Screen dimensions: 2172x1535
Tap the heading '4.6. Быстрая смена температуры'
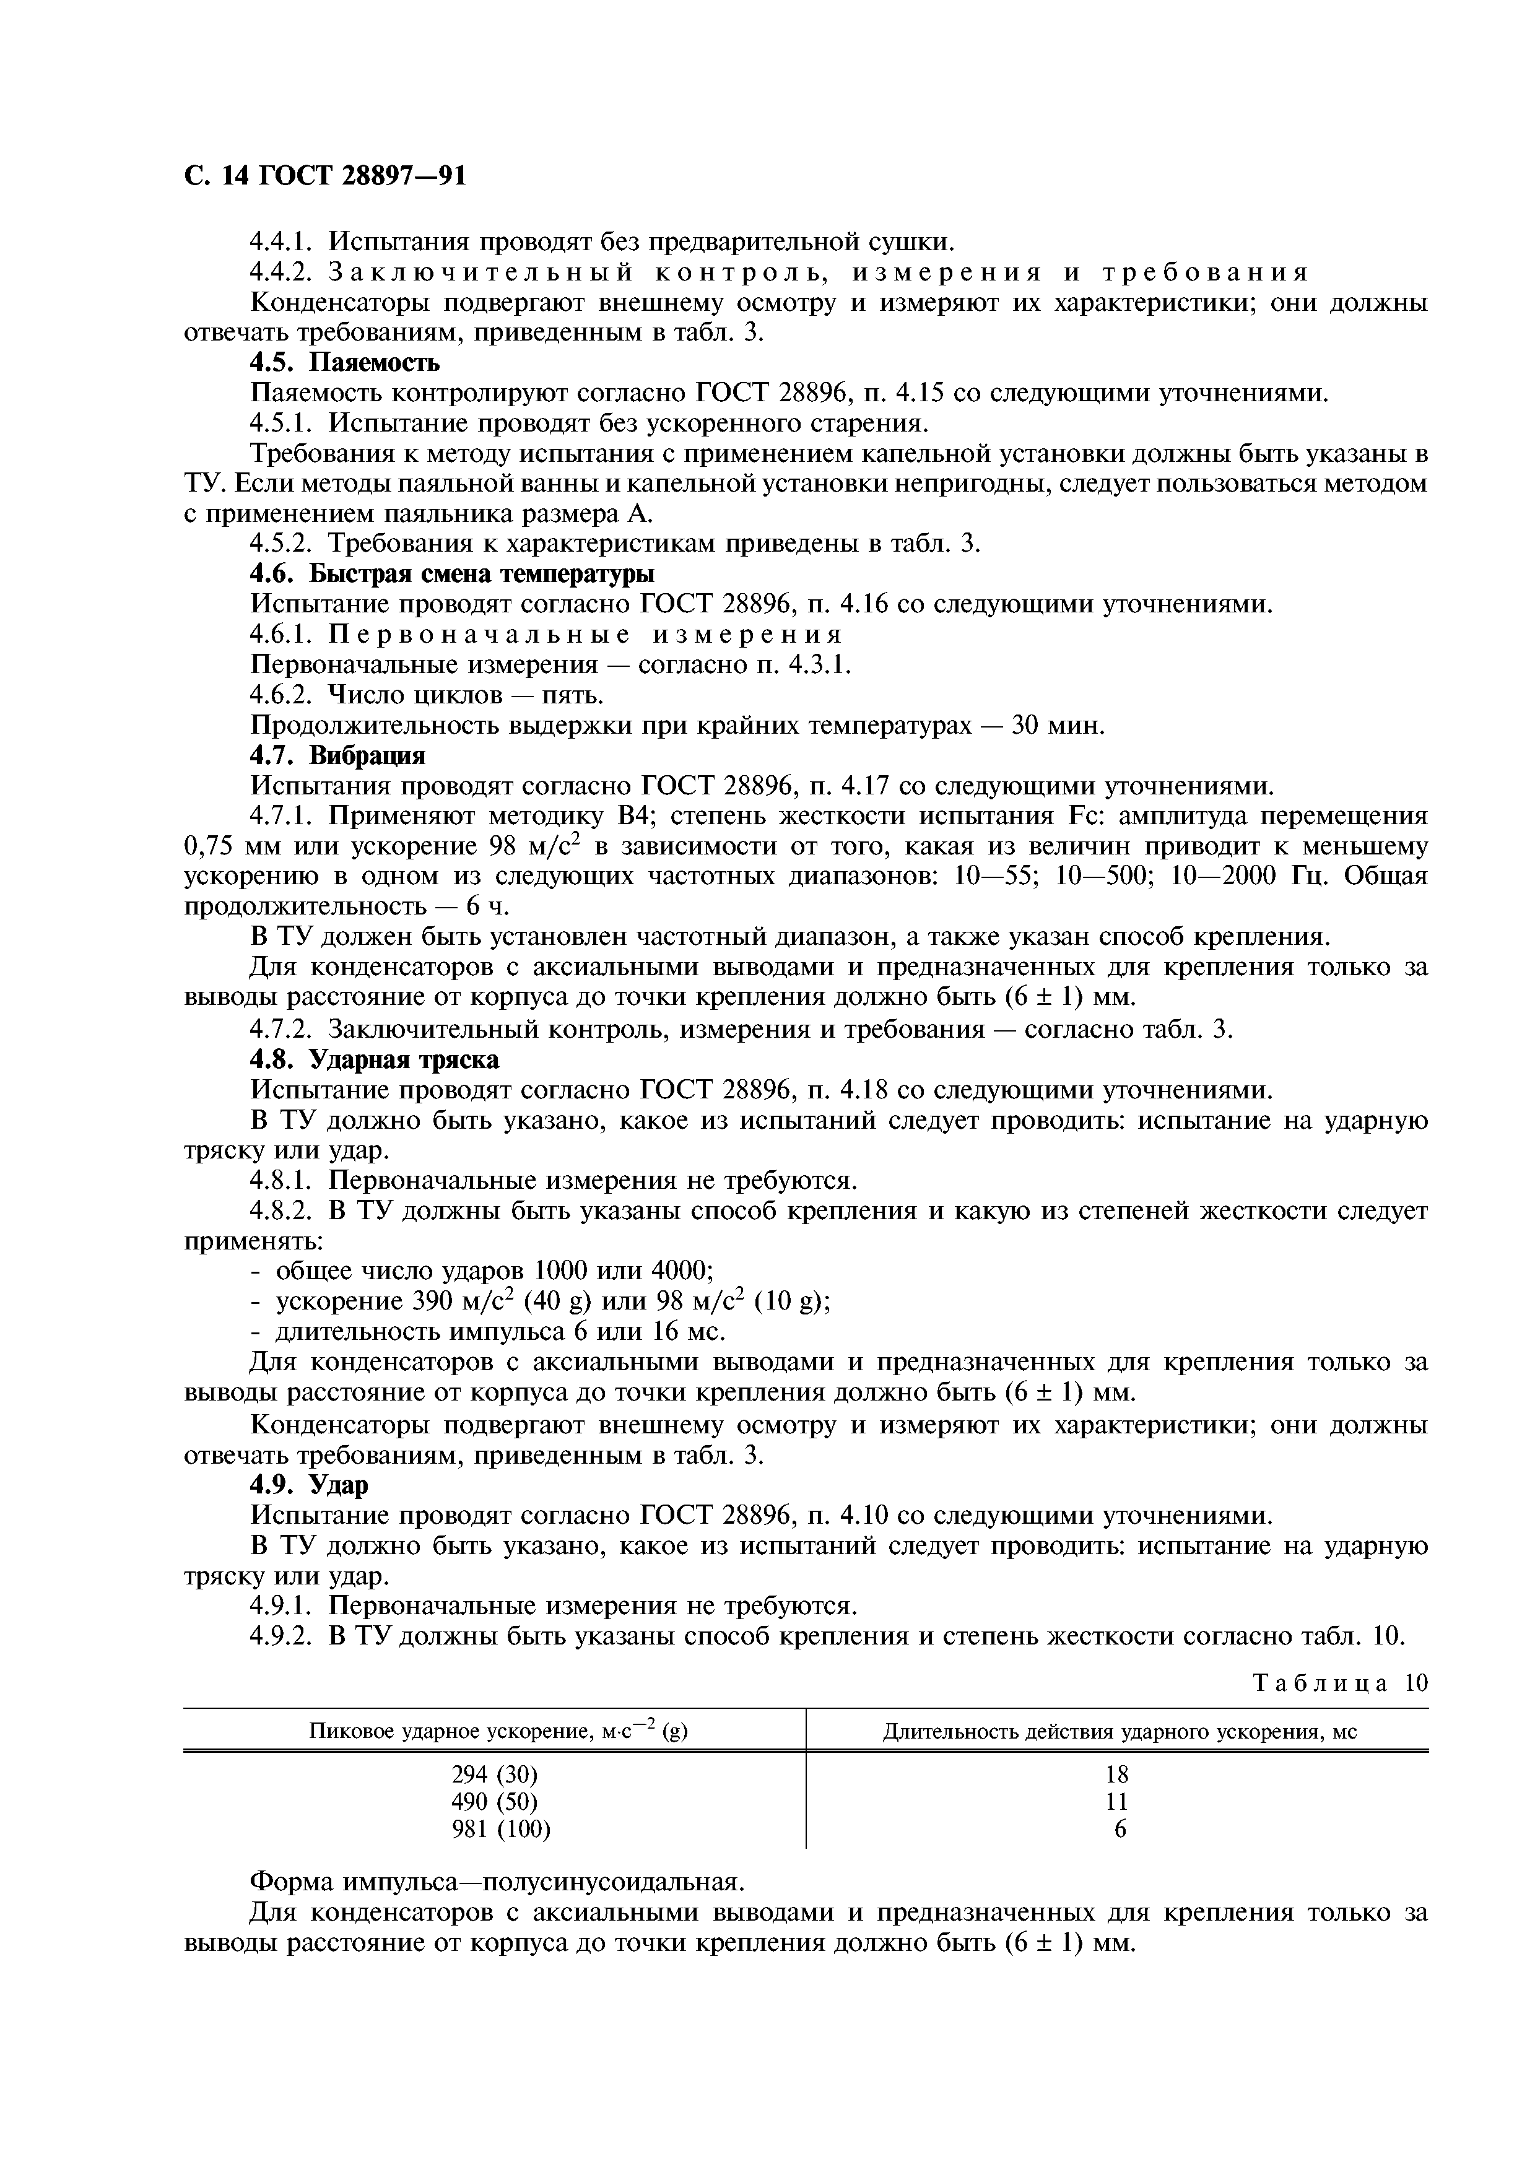tap(452, 574)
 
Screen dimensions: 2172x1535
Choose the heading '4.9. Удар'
tap(308, 1485)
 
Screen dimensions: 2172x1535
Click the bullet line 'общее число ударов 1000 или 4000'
tap(494, 1271)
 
